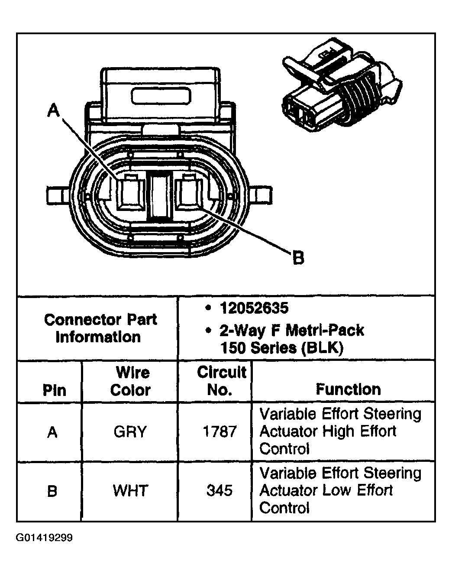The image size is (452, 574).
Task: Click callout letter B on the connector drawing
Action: pos(298,258)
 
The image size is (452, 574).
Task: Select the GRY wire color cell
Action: pos(130,431)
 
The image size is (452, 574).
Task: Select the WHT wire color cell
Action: pos(130,491)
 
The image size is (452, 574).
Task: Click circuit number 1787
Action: pos(220,431)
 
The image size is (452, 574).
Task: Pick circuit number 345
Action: pos(220,491)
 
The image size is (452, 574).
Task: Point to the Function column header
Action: pos(348,389)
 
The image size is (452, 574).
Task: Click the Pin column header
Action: pos(54,390)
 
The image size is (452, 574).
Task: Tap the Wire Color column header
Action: pos(130,381)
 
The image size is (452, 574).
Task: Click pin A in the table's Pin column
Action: pos(52,432)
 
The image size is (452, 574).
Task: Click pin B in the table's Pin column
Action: pos(52,491)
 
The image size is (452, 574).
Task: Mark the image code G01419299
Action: pos(44,538)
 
